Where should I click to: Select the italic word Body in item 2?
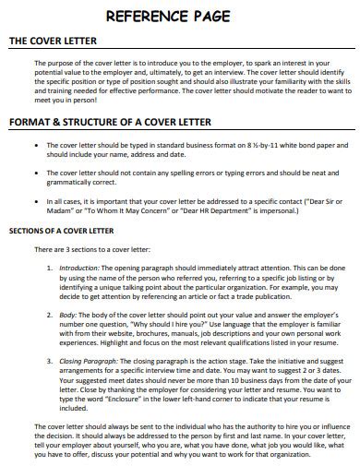tap(67, 316)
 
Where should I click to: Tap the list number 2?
tap(49, 316)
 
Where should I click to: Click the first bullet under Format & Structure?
tap(35, 145)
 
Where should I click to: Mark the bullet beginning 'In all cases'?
tap(35, 197)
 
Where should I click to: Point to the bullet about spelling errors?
tap(35, 172)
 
